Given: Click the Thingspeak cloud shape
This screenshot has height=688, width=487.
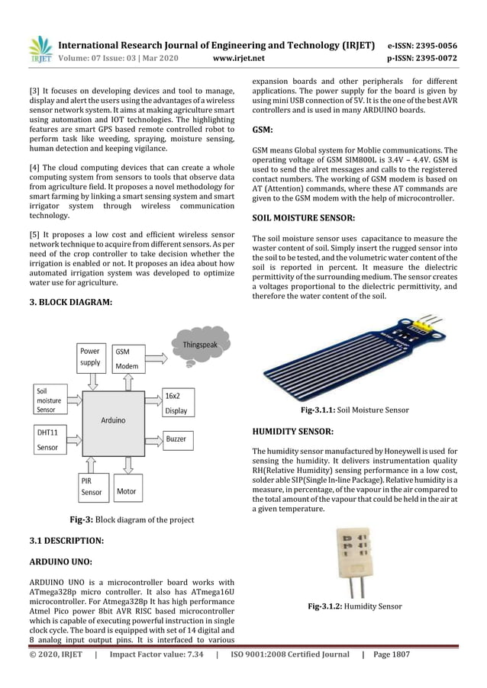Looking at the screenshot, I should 199,345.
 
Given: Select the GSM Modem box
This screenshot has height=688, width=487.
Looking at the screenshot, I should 127,358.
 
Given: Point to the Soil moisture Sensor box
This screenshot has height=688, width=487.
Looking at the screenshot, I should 50,399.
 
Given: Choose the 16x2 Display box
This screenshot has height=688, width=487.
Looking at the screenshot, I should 176,403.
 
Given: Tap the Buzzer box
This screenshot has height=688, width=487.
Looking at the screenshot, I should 176,440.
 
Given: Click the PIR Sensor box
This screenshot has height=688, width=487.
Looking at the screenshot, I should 92,487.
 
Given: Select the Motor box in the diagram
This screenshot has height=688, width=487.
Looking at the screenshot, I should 126,491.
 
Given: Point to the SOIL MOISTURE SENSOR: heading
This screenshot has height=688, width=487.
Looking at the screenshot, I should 303,218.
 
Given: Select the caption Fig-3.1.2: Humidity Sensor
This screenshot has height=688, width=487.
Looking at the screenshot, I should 354,607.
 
